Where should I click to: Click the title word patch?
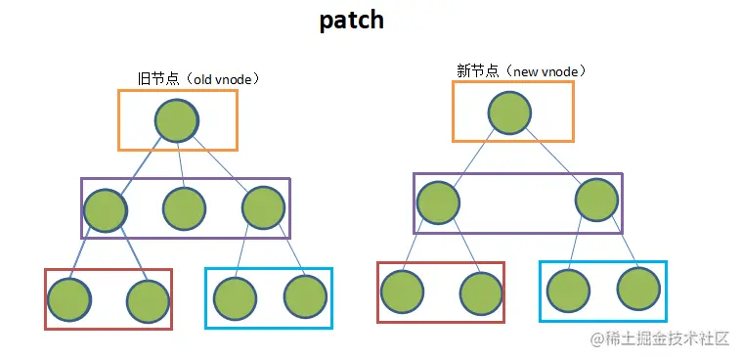351,22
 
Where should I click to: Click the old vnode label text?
197,77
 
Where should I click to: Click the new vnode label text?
521,70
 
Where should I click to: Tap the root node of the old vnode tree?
177,119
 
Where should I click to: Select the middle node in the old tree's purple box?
184,208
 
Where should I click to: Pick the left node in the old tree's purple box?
106,208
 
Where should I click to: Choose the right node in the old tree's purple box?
263,208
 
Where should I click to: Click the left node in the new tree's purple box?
438,202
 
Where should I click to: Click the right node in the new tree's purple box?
597,201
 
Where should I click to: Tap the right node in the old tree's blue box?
305,296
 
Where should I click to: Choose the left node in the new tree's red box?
402,292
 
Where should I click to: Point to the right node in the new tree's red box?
481,292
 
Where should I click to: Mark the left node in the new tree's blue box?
568,290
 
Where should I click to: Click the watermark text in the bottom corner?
660,338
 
